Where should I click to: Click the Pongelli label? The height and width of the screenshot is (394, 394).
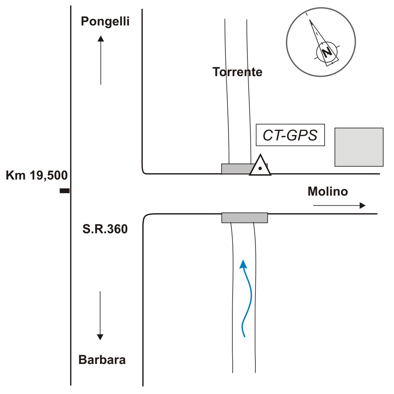point(105,21)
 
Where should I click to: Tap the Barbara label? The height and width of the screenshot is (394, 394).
point(102,360)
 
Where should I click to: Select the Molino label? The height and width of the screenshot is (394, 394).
point(328,192)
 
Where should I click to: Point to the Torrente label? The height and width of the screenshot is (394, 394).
point(237,72)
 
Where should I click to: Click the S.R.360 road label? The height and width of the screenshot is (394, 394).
point(105,229)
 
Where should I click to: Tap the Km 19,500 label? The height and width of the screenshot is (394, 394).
point(37,175)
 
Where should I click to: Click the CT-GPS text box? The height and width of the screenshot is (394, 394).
point(290,135)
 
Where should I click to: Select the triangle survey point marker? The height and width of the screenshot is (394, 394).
point(260,165)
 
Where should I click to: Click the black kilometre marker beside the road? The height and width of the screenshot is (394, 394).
point(65,191)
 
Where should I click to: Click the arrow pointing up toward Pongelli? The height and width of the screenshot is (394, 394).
point(101,60)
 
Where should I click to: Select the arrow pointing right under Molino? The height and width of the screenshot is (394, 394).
point(339,205)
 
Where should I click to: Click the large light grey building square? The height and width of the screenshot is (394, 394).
point(359,147)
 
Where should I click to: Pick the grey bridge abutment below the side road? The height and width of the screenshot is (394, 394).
point(245,218)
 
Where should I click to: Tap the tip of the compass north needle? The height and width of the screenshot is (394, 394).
point(310,20)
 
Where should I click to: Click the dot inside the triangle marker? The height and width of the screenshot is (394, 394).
point(260,168)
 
